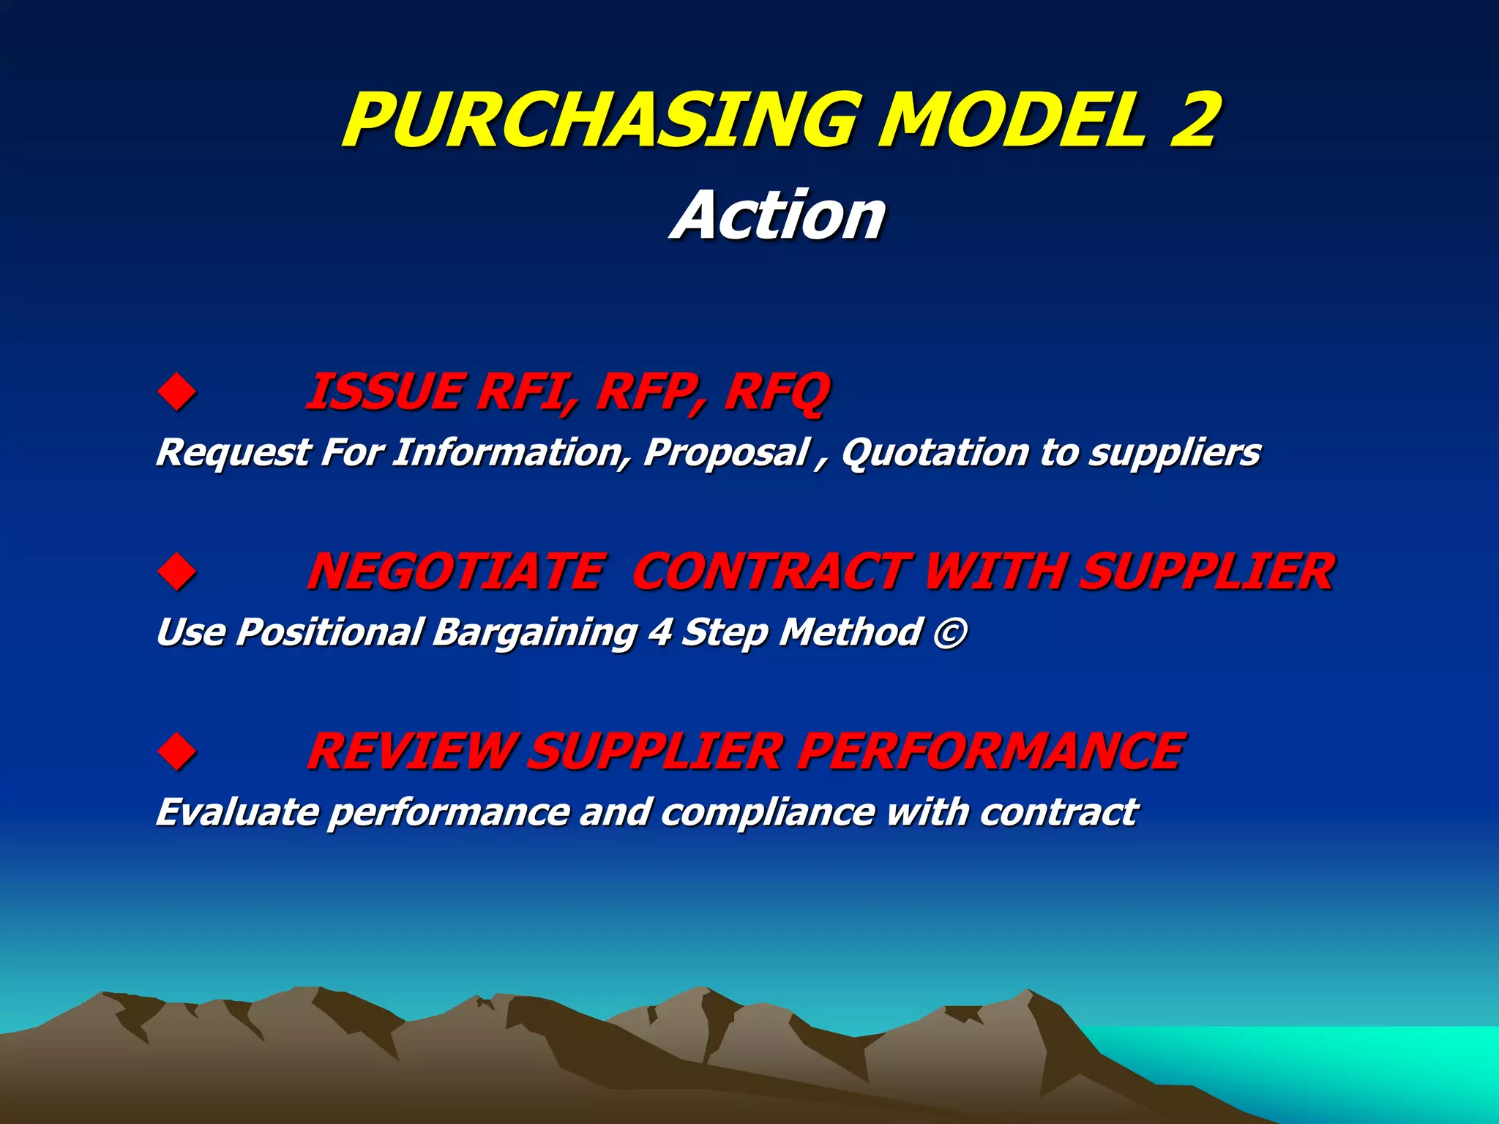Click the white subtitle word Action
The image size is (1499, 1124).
[x=779, y=216]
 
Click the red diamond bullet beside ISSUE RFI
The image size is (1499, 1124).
[x=177, y=392]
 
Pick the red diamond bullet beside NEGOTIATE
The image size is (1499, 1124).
[x=177, y=572]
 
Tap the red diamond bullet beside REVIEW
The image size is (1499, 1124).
[x=177, y=752]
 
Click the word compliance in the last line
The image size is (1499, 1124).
[x=768, y=813]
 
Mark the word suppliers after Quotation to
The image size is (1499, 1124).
[x=1174, y=453]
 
